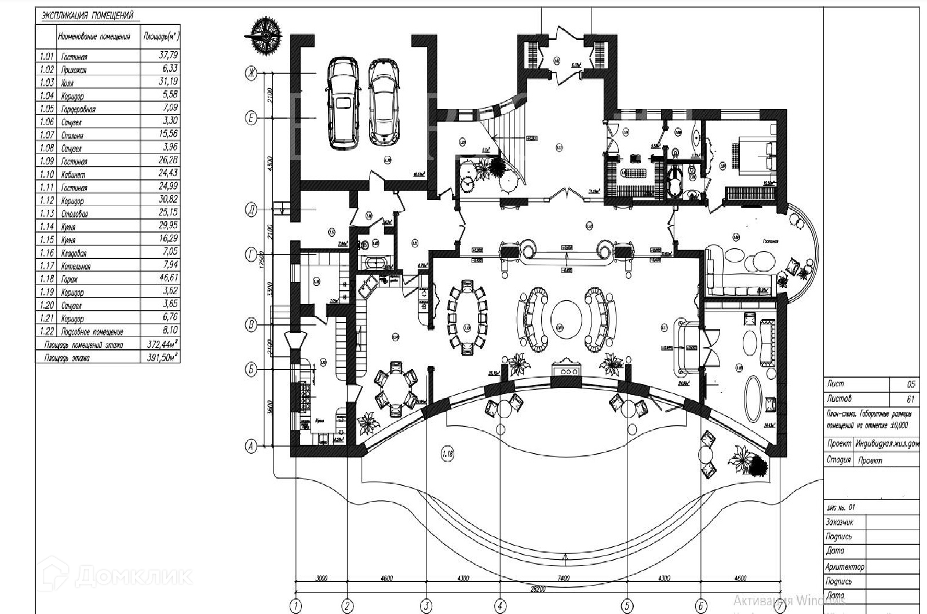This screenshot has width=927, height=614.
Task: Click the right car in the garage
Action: [x=383, y=103]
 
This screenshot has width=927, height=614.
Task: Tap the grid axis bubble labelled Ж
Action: [x=251, y=74]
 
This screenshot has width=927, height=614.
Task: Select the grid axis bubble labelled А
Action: [x=251, y=445]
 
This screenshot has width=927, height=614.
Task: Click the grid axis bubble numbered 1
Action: [x=296, y=606]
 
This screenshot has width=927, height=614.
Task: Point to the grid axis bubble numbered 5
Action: [x=627, y=606]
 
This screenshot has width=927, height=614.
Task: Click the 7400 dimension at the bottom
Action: [x=563, y=578]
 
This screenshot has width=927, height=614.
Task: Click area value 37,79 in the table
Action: [x=168, y=56]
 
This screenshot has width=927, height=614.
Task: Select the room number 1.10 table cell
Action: [x=46, y=174]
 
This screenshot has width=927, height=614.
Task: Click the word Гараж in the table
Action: [x=70, y=279]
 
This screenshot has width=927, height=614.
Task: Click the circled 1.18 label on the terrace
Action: [x=447, y=454]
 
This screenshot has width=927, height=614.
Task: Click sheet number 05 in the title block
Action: [x=911, y=384]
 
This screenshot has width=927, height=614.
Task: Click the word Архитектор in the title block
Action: [x=846, y=567]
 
